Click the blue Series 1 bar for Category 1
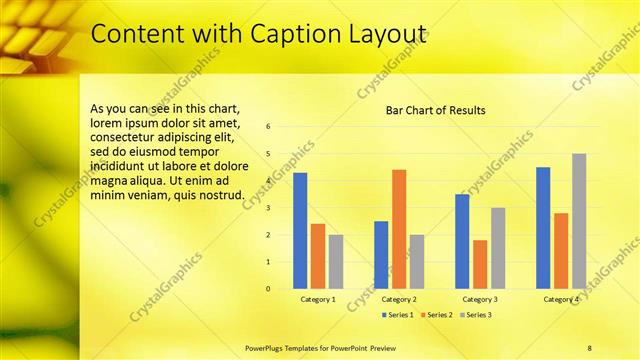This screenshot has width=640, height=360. click(300, 230)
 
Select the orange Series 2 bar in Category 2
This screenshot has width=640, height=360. click(399, 229)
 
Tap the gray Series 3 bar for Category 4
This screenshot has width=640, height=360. click(579, 221)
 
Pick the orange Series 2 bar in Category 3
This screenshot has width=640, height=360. click(480, 264)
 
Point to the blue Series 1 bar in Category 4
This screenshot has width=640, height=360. click(543, 228)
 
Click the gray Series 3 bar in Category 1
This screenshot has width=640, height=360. click(336, 261)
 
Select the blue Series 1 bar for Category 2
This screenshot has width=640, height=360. click(381, 255)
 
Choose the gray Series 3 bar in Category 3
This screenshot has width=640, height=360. click(498, 248)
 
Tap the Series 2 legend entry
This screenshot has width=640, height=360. click(435, 315)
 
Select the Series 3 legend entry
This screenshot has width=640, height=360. click(475, 315)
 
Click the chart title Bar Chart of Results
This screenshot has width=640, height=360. click(436, 110)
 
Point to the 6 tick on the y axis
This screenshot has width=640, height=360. click(268, 127)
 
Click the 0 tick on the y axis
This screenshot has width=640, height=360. click(268, 289)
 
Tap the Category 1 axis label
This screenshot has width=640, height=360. click(318, 300)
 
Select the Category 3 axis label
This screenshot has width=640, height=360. click(480, 300)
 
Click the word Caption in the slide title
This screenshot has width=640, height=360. click(287, 34)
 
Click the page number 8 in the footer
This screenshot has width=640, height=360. click(589, 347)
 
